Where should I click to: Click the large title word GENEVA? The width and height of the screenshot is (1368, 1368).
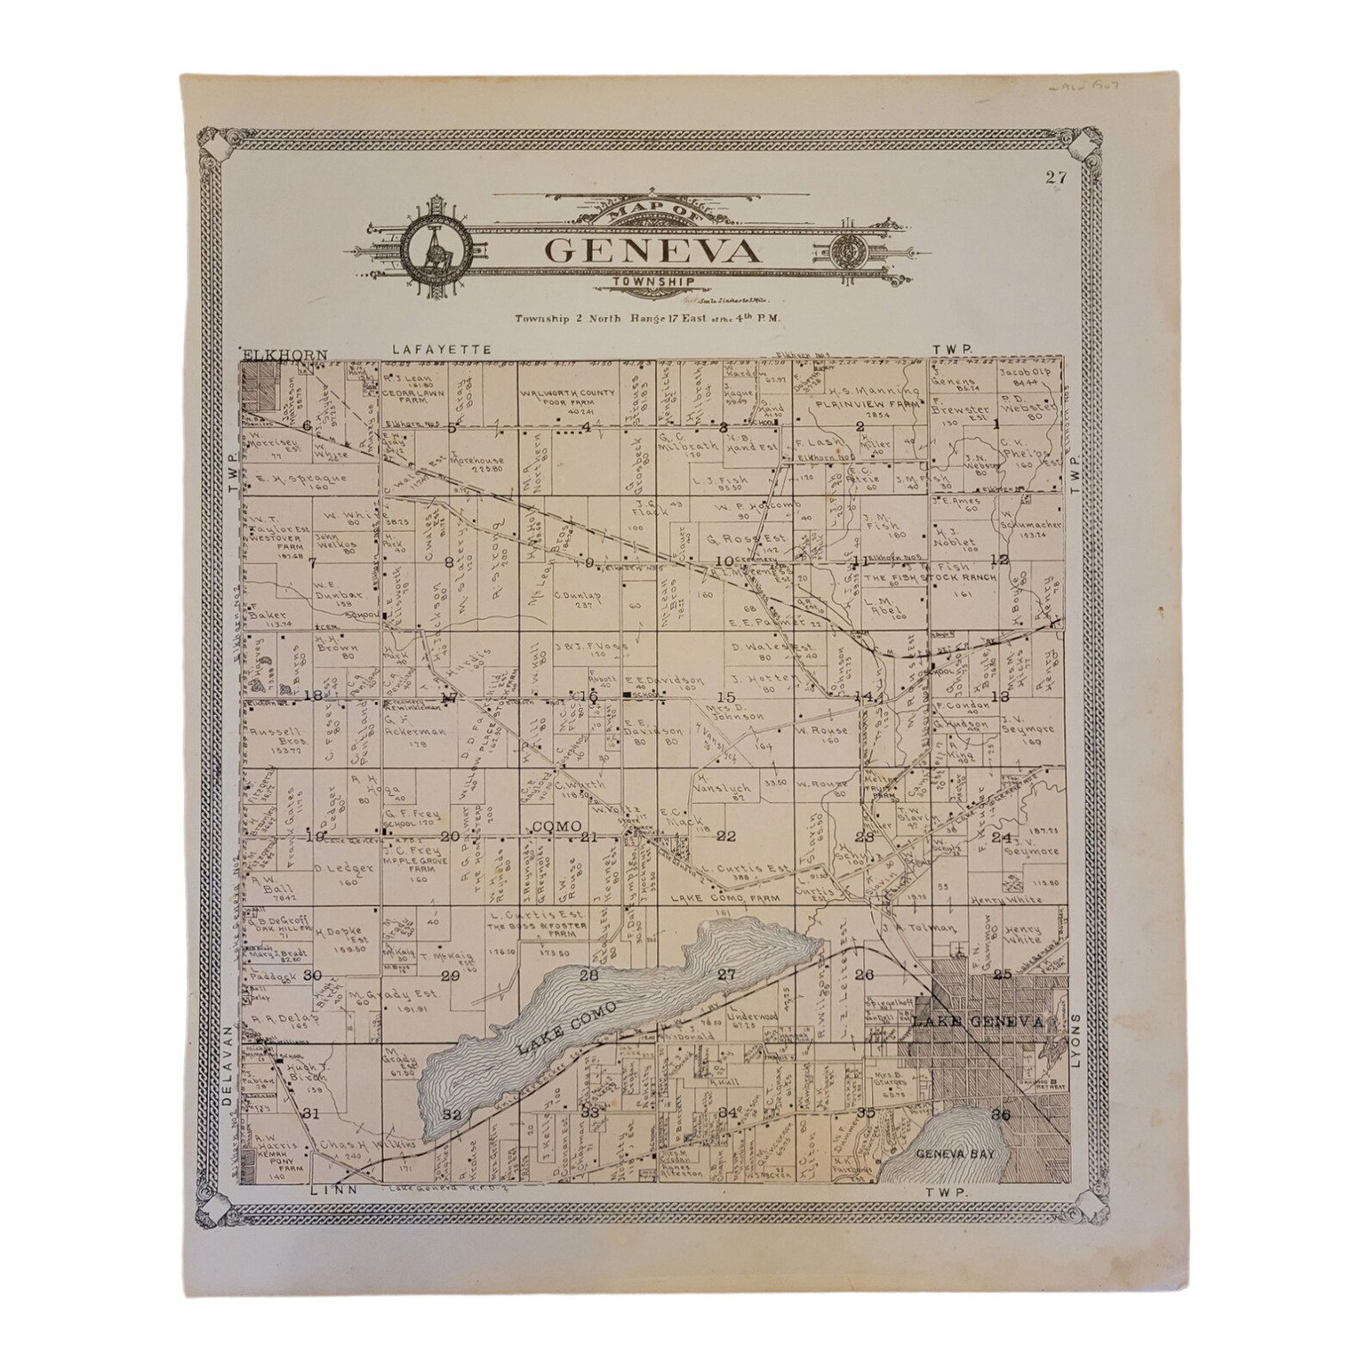point(653,251)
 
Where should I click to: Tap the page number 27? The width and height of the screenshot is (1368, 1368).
point(1056,178)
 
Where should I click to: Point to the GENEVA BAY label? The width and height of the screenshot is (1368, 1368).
point(948,1153)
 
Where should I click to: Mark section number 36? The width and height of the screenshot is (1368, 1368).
point(1001,1113)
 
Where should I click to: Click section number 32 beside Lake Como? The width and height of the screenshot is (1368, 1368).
point(451,1114)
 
